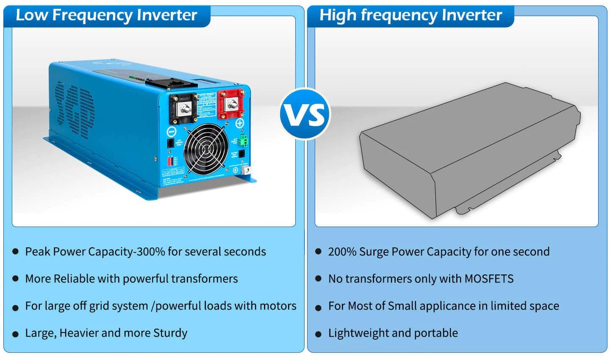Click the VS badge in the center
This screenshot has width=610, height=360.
pyautogui.click(x=305, y=114)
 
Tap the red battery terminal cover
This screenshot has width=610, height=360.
pyautogui.click(x=231, y=104)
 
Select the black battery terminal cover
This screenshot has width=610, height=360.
pyautogui.click(x=184, y=108)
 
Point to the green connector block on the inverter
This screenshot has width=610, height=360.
pyautogui.click(x=243, y=140)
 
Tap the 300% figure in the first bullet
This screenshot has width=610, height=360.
pyautogui.click(x=150, y=252)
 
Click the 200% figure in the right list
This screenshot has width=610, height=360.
pyautogui.click(x=342, y=252)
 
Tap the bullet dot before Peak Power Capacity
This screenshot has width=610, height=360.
pyautogui.click(x=16, y=252)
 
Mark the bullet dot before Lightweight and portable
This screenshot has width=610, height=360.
pyautogui.click(x=319, y=334)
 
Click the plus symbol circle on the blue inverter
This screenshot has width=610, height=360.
pyautogui.click(x=240, y=124)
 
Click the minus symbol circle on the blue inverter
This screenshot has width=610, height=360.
pyautogui.click(x=172, y=131)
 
